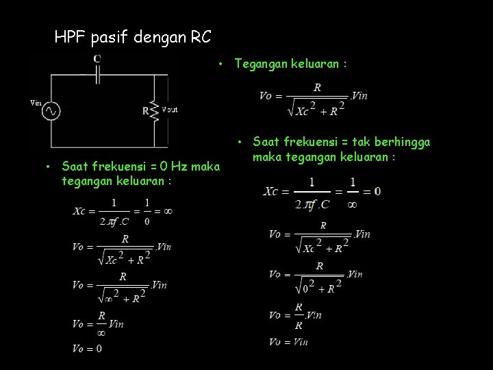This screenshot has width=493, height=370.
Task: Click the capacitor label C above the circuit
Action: (97, 59)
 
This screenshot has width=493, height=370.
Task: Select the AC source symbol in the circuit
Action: (50, 111)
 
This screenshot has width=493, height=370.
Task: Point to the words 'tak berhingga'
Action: (396, 143)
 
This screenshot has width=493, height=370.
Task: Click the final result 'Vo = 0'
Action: (87, 348)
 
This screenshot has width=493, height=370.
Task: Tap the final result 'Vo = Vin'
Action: (288, 342)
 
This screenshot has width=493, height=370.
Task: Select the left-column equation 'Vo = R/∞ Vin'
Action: (97, 323)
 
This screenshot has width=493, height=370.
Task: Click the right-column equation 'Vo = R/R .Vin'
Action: (295, 315)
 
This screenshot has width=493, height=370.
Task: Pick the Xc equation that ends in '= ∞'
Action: (122, 211)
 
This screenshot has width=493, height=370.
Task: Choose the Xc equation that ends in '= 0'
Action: (322, 190)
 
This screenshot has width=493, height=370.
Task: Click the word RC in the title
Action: (201, 36)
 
